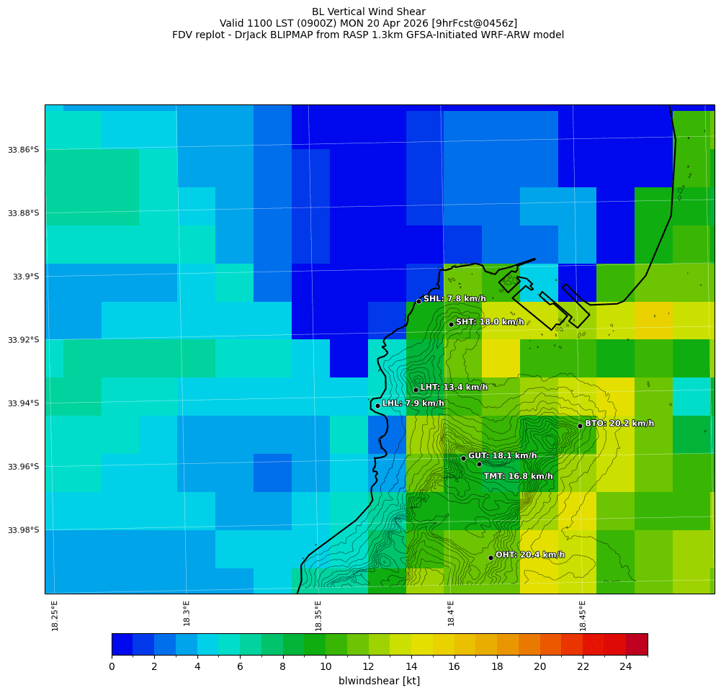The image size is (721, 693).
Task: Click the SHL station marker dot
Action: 418,301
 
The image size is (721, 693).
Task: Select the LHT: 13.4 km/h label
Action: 454,388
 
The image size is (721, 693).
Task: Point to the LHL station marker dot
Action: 377,406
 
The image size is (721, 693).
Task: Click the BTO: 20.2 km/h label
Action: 619,424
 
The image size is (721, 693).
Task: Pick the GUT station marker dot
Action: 463,458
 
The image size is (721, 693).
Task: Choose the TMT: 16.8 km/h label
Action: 518,476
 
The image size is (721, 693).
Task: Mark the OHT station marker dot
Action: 491,558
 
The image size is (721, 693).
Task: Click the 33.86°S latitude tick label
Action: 23,150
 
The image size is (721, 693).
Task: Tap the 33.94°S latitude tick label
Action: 23,403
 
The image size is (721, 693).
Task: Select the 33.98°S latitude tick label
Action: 23,530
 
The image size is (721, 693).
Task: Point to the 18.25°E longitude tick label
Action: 55,615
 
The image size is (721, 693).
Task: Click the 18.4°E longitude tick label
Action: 451,613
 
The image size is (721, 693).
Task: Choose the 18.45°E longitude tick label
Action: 583,615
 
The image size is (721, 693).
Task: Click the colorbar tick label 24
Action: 625,667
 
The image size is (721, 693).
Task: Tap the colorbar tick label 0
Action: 112,667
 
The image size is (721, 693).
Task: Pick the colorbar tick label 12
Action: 369,667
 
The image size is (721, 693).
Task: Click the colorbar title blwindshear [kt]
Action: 379,681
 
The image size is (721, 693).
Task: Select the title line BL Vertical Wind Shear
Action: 368,12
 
